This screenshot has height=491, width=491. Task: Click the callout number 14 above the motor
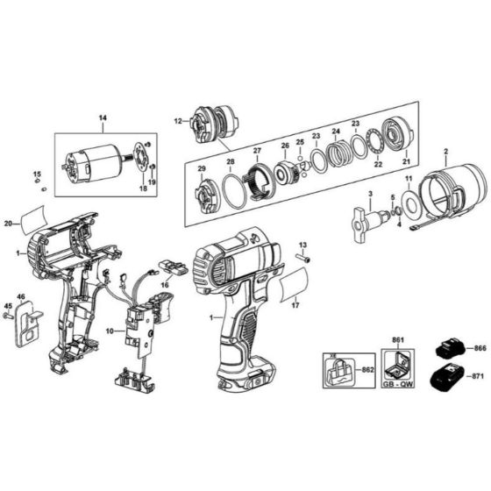pyautogui.click(x=102, y=117)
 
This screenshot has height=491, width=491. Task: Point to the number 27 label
pyautogui.click(x=258, y=151)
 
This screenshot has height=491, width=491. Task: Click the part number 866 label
pyautogui.click(x=479, y=348)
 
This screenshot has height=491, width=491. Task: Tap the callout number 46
pyautogui.click(x=21, y=297)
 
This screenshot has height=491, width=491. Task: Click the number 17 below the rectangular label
pyautogui.click(x=295, y=306)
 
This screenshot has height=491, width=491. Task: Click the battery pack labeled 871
pyautogui.click(x=448, y=380)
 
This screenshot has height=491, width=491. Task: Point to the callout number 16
pyautogui.click(x=164, y=285)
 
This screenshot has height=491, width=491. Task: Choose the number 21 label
pyautogui.click(x=405, y=162)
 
